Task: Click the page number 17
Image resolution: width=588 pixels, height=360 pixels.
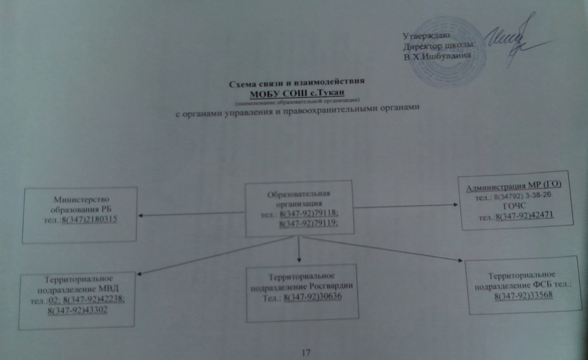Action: (x=306, y=352)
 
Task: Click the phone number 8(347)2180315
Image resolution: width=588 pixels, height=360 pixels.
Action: (x=89, y=219)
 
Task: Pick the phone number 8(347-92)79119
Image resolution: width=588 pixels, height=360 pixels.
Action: (x=309, y=224)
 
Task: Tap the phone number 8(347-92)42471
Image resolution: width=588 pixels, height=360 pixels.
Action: (x=525, y=215)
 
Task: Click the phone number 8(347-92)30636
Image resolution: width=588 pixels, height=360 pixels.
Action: (x=312, y=296)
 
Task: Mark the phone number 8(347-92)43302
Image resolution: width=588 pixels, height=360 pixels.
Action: (x=78, y=310)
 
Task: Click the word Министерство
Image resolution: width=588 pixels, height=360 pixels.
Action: (x=82, y=200)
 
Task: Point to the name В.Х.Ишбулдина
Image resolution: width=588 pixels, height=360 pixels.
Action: (x=437, y=56)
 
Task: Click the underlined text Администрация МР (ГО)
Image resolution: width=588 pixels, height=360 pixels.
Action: (x=514, y=187)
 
